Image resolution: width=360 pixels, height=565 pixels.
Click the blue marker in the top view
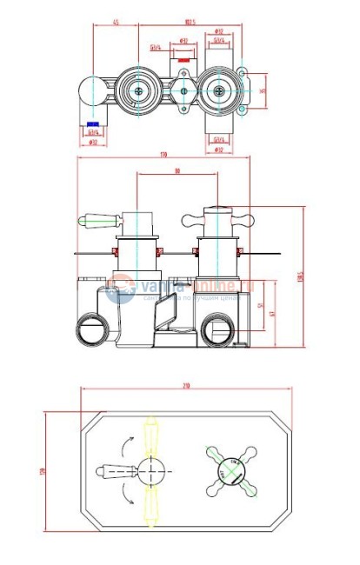(92, 124)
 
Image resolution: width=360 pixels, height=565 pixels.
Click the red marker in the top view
(183, 61)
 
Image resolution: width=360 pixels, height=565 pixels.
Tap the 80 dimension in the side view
(177, 171)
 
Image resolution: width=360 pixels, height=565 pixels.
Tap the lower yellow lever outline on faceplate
(153, 508)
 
